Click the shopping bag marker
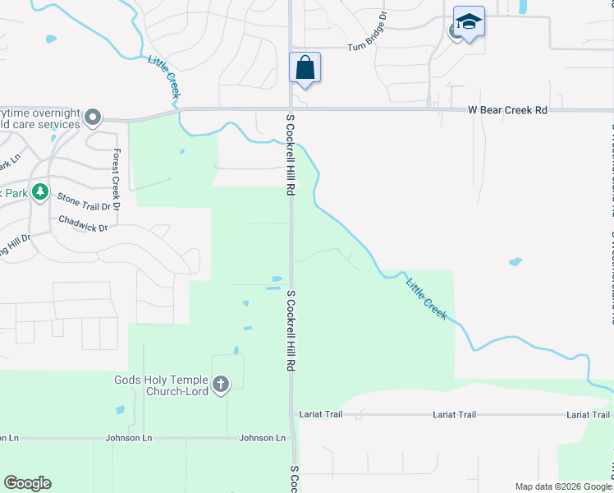[305, 68]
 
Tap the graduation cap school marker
[469, 22]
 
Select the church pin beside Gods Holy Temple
[220, 384]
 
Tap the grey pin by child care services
[93, 118]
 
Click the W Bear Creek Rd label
[507, 110]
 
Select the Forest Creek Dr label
[117, 179]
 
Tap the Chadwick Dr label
[83, 223]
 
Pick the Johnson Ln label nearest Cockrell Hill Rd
[262, 438]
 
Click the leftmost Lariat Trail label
[320, 415]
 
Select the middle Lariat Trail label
[455, 415]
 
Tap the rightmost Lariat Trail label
[589, 415]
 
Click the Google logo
[27, 483]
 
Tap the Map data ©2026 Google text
[562, 486]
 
